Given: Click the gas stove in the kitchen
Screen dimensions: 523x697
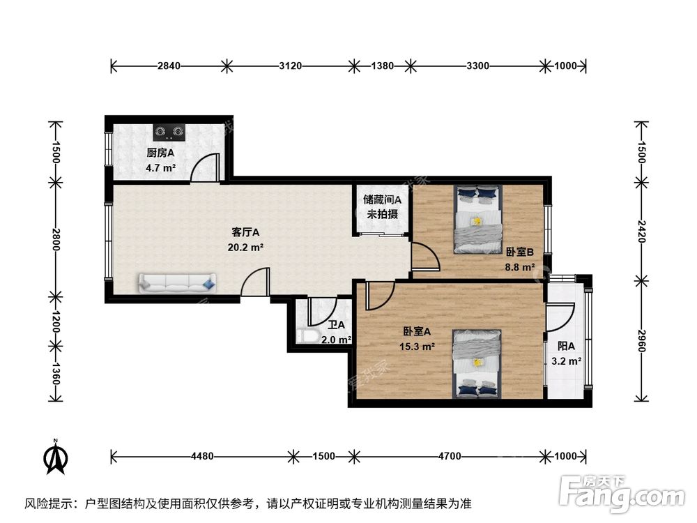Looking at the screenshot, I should tap(169, 130).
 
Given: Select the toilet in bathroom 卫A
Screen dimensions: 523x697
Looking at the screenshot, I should tap(307, 336).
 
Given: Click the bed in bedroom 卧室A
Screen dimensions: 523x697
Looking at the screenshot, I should tap(477, 363).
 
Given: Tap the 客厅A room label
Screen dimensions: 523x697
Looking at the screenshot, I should tap(245, 232).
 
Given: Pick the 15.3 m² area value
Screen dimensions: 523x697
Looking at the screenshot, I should tap(419, 346).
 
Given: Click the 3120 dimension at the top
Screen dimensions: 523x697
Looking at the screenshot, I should tap(290, 66).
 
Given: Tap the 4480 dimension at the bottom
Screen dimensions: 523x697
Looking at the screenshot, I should tap(201, 457).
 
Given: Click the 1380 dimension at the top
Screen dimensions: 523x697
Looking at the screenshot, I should tap(382, 66).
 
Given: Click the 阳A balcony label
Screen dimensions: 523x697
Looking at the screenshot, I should tap(566, 346).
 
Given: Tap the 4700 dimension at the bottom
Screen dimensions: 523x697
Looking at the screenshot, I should tap(450, 457).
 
